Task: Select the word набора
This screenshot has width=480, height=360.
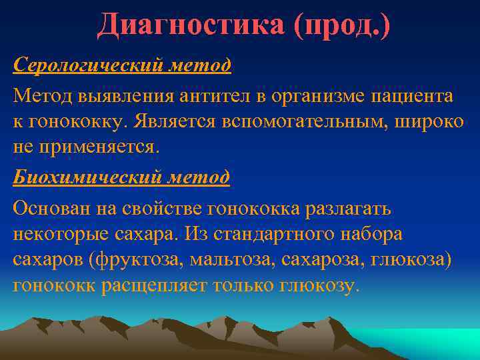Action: [x=373, y=235]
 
